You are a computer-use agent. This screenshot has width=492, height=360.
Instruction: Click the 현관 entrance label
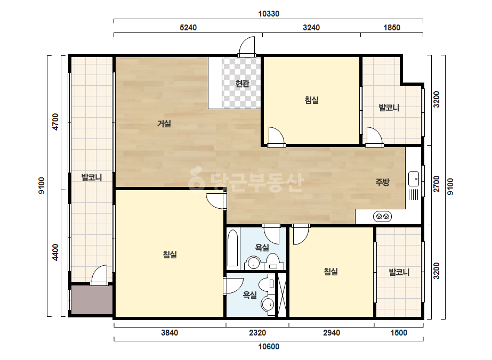pyautogui.click(x=242, y=84)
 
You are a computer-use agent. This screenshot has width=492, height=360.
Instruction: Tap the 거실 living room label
pyautogui.click(x=164, y=124)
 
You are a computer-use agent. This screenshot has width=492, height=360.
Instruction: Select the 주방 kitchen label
pyautogui.click(x=383, y=182)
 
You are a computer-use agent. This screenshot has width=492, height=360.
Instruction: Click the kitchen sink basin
pyautogui.click(x=414, y=179)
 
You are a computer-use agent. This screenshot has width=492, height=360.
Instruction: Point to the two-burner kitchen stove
pyautogui.click(x=382, y=216)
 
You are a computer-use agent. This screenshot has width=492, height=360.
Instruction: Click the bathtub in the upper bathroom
pyautogui.click(x=233, y=248)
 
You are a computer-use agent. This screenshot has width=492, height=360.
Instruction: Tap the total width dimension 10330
pyautogui.click(x=269, y=14)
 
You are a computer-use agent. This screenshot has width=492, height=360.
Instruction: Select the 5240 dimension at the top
pyautogui.click(x=188, y=28)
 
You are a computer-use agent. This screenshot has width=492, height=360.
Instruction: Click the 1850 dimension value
pyautogui.click(x=392, y=28)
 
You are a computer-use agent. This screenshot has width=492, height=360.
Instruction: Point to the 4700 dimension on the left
pyautogui.click(x=55, y=122)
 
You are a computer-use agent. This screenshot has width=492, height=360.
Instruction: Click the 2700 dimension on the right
pyautogui.click(x=436, y=184)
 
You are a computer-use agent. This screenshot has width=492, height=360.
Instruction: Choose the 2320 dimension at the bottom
pyautogui.click(x=257, y=333)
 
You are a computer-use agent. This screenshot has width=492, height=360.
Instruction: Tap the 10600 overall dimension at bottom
pyautogui.click(x=269, y=347)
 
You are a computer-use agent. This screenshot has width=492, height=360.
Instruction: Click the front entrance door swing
pyautogui.click(x=246, y=46)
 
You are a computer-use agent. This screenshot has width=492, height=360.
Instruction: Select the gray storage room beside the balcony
pyautogui.click(x=92, y=299)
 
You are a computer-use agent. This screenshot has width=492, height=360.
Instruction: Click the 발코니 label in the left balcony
pyautogui.click(x=92, y=177)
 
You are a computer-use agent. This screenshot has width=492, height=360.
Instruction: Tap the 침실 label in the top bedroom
pyautogui.click(x=312, y=100)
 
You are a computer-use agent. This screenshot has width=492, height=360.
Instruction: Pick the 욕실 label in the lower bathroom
pyautogui.click(x=250, y=295)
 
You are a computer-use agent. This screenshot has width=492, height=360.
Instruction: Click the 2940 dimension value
pyautogui.click(x=332, y=333)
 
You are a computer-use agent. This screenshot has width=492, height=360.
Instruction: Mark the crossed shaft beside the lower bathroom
pyautogui.click(x=283, y=295)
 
